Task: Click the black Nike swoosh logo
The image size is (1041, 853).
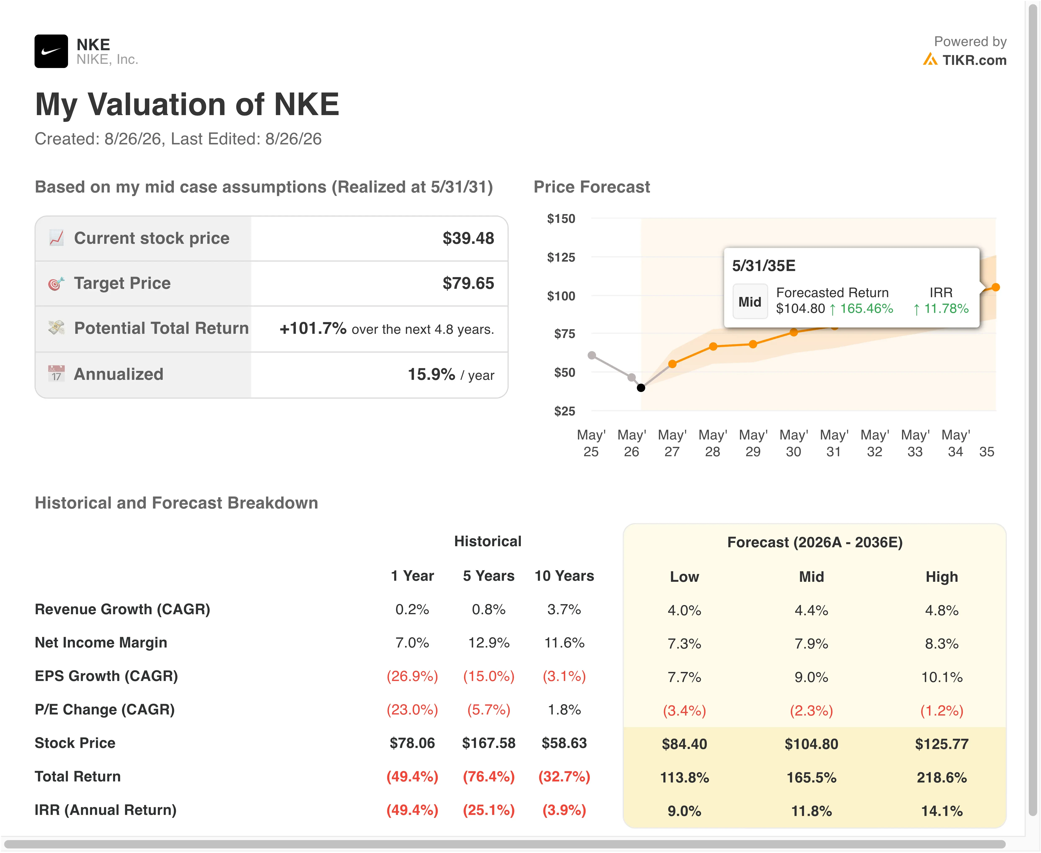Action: click(51, 51)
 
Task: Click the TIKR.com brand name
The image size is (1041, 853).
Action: click(974, 60)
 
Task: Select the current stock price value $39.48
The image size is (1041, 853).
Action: click(468, 238)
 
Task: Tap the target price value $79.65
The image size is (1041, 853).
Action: click(468, 283)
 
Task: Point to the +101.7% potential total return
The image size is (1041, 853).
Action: click(313, 328)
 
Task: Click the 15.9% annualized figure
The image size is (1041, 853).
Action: click(431, 374)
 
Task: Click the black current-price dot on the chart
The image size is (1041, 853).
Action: click(641, 388)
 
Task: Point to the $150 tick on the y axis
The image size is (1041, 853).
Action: click(561, 219)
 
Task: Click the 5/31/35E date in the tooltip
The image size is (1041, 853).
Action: click(763, 266)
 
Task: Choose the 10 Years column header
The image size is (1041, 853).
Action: click(564, 576)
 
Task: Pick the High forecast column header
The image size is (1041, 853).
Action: click(942, 577)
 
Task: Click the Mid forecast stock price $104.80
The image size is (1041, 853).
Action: click(811, 744)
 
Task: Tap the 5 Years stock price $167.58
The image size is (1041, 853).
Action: click(489, 743)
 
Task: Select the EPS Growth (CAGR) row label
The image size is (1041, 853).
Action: click(106, 676)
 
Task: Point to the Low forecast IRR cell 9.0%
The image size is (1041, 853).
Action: click(684, 811)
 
